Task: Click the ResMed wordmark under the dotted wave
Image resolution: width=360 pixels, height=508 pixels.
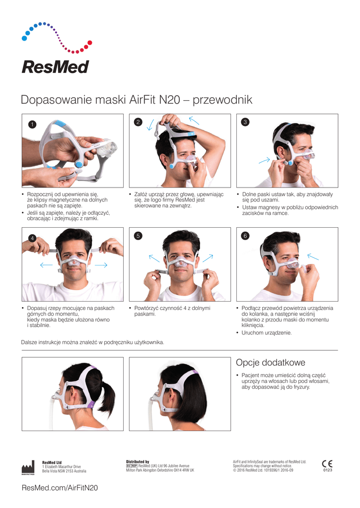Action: point(55,67)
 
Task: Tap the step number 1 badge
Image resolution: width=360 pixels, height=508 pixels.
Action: point(32,124)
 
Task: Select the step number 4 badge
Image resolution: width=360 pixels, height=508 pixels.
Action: point(32,239)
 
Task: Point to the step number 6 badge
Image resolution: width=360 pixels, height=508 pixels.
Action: point(245,236)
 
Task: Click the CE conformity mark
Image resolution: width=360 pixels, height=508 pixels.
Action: point(327,464)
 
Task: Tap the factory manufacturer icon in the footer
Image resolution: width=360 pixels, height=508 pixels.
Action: point(28,467)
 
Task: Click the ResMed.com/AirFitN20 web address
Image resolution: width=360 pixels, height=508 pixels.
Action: point(60,488)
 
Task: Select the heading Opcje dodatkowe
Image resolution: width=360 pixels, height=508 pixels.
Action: point(271,363)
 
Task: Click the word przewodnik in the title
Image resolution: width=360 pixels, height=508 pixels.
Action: point(222,100)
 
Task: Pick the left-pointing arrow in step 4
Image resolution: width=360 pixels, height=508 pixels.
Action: point(46,265)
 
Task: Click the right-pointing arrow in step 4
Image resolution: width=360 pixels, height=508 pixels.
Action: point(101,265)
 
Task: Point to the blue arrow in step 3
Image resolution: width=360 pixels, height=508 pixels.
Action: point(264,160)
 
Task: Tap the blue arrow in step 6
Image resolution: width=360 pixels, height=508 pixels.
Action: point(313,257)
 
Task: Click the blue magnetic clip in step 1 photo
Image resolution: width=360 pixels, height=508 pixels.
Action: point(78,165)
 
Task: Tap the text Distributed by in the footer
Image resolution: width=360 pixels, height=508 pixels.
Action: point(138,462)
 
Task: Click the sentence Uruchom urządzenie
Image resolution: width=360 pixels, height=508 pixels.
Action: point(267,333)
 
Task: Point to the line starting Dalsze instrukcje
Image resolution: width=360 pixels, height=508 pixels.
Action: point(92,342)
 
